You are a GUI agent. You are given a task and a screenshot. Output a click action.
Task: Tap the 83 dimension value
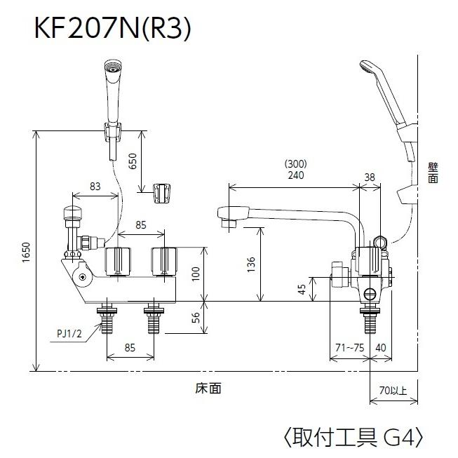coord(96,186)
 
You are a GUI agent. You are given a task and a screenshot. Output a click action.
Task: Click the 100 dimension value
coord(197,274)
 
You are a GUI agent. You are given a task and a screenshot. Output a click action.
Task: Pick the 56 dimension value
coord(197,317)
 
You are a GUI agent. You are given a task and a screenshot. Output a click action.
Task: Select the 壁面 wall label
coord(432,173)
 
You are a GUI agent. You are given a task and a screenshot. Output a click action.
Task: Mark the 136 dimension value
coord(252,264)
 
